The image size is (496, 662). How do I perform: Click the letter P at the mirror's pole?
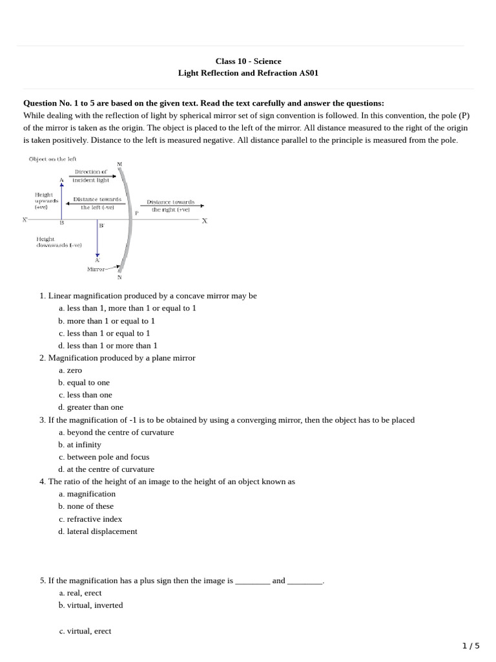point(136,213)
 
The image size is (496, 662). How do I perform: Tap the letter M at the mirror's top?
point(119,164)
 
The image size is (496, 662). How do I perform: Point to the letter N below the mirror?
point(119,277)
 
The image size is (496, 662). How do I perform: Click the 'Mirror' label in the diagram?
point(97,269)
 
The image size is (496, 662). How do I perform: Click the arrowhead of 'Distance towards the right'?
point(201,206)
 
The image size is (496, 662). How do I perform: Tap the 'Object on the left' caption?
point(52,159)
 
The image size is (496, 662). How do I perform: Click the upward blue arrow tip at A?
point(62,186)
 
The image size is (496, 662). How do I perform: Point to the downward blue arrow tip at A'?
point(98,255)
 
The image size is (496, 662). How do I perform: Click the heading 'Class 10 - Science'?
point(248,61)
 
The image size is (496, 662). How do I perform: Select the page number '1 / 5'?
point(471,646)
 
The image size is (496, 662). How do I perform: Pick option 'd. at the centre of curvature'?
point(106,469)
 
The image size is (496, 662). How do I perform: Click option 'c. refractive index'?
point(90,519)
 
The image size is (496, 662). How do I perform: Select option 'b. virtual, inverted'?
point(90,606)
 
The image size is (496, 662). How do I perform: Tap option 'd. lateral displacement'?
point(98,531)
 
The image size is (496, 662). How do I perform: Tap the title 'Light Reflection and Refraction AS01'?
point(248,74)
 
